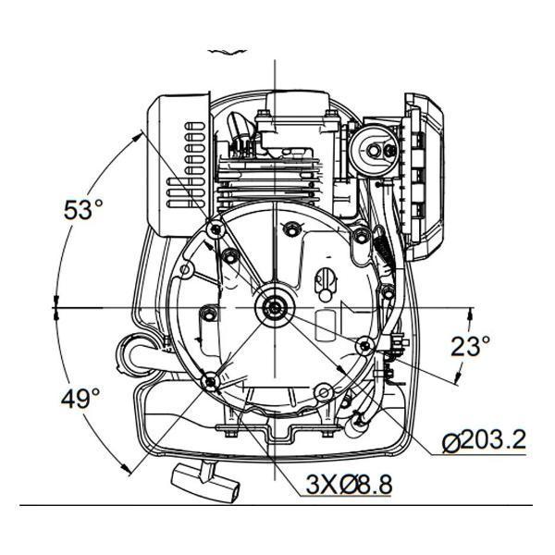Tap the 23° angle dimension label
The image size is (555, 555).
point(471,346)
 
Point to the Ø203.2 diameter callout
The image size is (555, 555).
point(484,440)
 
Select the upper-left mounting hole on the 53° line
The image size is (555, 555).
point(216,229)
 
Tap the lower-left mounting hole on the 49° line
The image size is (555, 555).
point(211,382)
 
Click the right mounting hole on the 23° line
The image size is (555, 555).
point(365,345)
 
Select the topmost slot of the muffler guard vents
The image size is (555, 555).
point(195,126)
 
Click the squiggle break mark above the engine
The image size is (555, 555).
point(228,52)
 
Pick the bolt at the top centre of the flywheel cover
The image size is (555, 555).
point(290,227)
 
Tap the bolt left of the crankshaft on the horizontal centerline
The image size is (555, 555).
point(208,313)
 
